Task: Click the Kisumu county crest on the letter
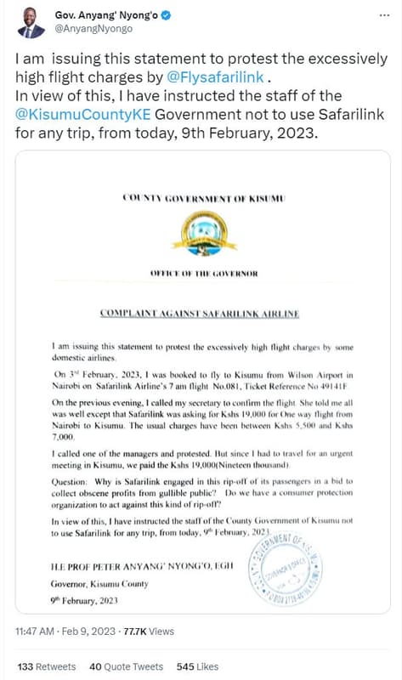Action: pos(202,233)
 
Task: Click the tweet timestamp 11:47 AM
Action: pos(42,632)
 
